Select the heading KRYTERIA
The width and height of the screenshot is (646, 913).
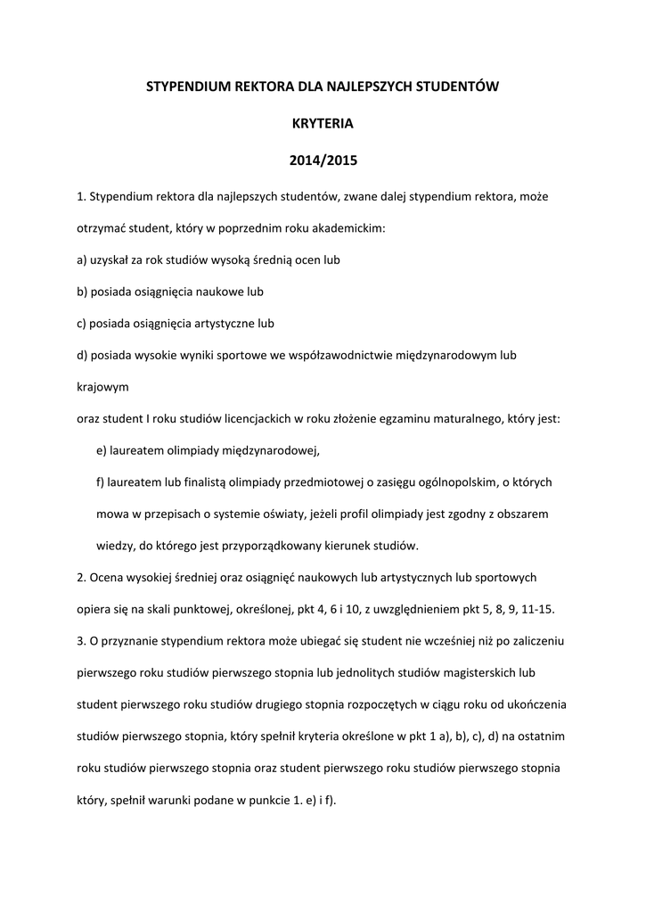pyautogui.click(x=323, y=124)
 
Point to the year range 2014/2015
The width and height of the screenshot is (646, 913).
pyautogui.click(x=323, y=161)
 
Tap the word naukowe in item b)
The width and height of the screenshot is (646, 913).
pyautogui.click(x=214, y=292)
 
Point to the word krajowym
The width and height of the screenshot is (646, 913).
pyautogui.click(x=103, y=388)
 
